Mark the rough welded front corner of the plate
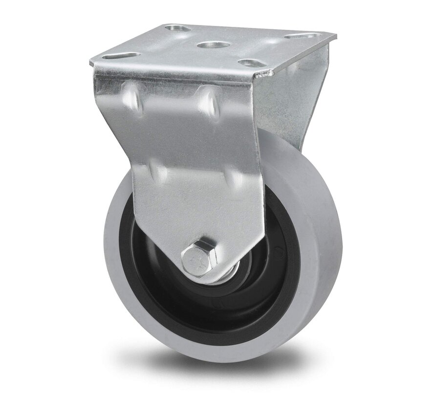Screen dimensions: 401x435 266,74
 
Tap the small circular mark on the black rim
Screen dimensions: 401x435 279,254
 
